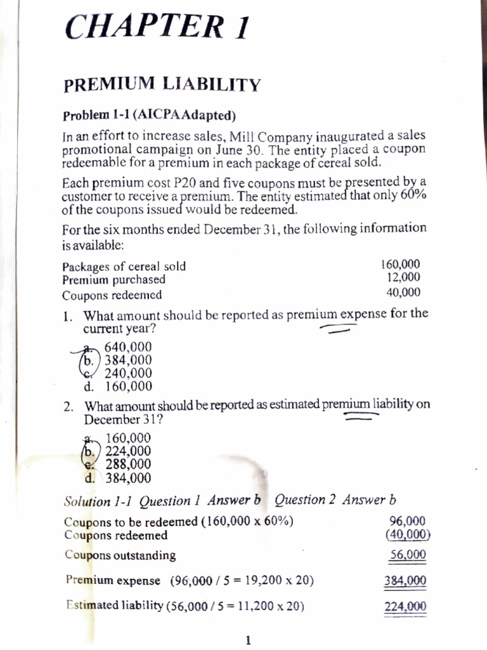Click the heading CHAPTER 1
coord(157,27)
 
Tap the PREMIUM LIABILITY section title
coord(162,84)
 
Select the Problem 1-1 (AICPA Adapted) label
coord(149,116)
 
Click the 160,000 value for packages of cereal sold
coord(400,265)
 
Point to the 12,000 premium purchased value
coord(403,277)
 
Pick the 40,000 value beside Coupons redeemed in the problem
coord(403,293)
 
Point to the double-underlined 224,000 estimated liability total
coord(406,606)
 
